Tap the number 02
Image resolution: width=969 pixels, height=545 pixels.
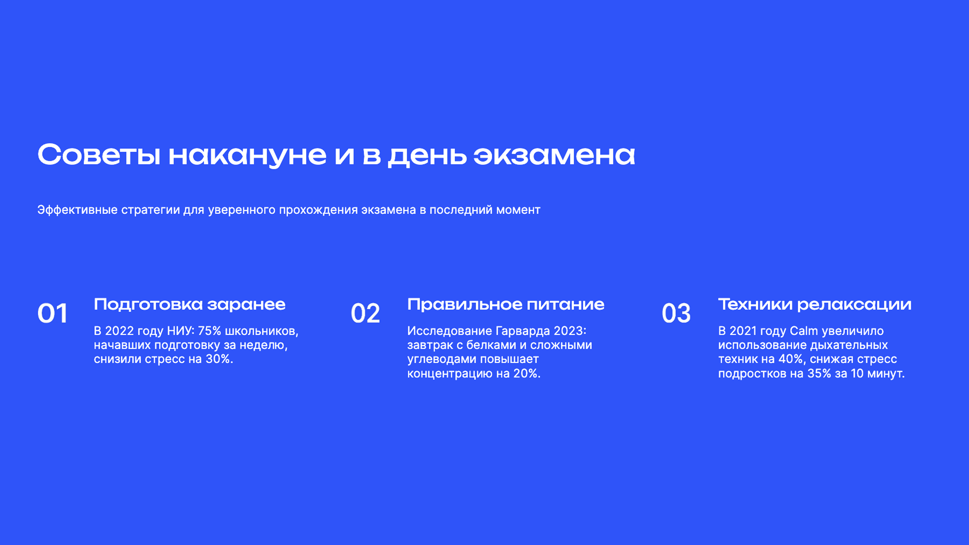pyautogui.click(x=365, y=313)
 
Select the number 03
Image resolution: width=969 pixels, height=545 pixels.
pyautogui.click(x=676, y=313)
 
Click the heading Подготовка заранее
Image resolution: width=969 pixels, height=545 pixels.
pyautogui.click(x=189, y=304)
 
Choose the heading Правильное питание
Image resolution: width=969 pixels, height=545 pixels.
pyautogui.click(x=505, y=304)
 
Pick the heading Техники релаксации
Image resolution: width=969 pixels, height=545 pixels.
pyautogui.click(x=815, y=304)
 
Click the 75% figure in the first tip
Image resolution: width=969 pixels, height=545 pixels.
pyautogui.click(x=209, y=331)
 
